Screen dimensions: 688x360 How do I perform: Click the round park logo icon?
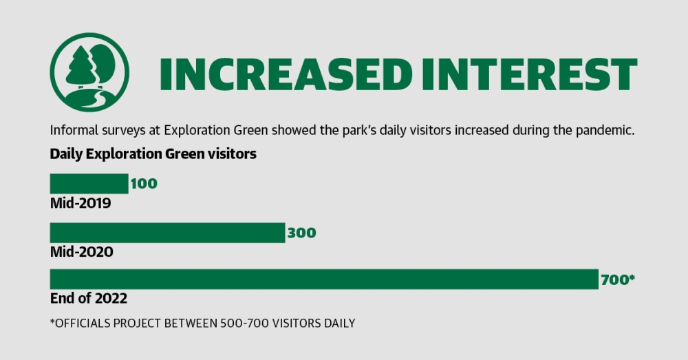89,72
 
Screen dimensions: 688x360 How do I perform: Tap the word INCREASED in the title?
286,74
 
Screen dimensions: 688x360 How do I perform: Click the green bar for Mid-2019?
89,184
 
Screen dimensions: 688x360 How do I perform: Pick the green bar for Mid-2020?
168,233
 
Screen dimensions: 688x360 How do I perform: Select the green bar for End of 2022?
324,279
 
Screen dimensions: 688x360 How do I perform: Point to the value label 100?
144,184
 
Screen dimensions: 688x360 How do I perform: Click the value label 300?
301,233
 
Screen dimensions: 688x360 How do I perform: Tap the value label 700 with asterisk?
618,279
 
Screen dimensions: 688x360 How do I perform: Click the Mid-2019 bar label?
80,203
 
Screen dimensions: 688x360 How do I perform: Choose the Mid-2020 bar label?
82,251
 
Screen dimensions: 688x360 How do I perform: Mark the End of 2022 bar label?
89,298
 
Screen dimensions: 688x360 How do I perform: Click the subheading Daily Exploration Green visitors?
153,154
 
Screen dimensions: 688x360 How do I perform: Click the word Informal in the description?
74,130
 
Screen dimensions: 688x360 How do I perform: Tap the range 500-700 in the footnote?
245,324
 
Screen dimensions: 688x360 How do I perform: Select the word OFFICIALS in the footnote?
83,324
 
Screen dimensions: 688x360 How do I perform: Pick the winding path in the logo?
92,100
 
